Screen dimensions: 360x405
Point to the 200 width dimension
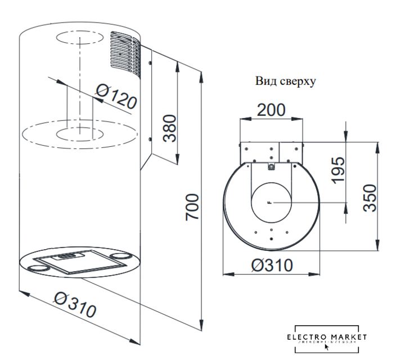(271, 110)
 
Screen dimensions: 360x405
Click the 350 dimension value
(368, 196)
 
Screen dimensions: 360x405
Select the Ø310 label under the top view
(272, 264)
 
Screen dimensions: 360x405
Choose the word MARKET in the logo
(348, 337)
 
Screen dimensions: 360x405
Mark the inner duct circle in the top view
(271, 202)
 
